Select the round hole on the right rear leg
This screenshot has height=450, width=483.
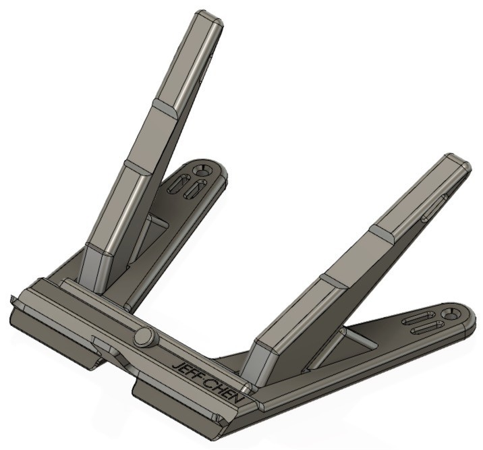(x=450, y=314)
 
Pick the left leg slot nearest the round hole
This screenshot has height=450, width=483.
(x=194, y=188)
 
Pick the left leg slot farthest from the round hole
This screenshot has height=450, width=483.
(x=179, y=184)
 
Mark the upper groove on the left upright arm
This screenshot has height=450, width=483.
(x=164, y=108)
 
